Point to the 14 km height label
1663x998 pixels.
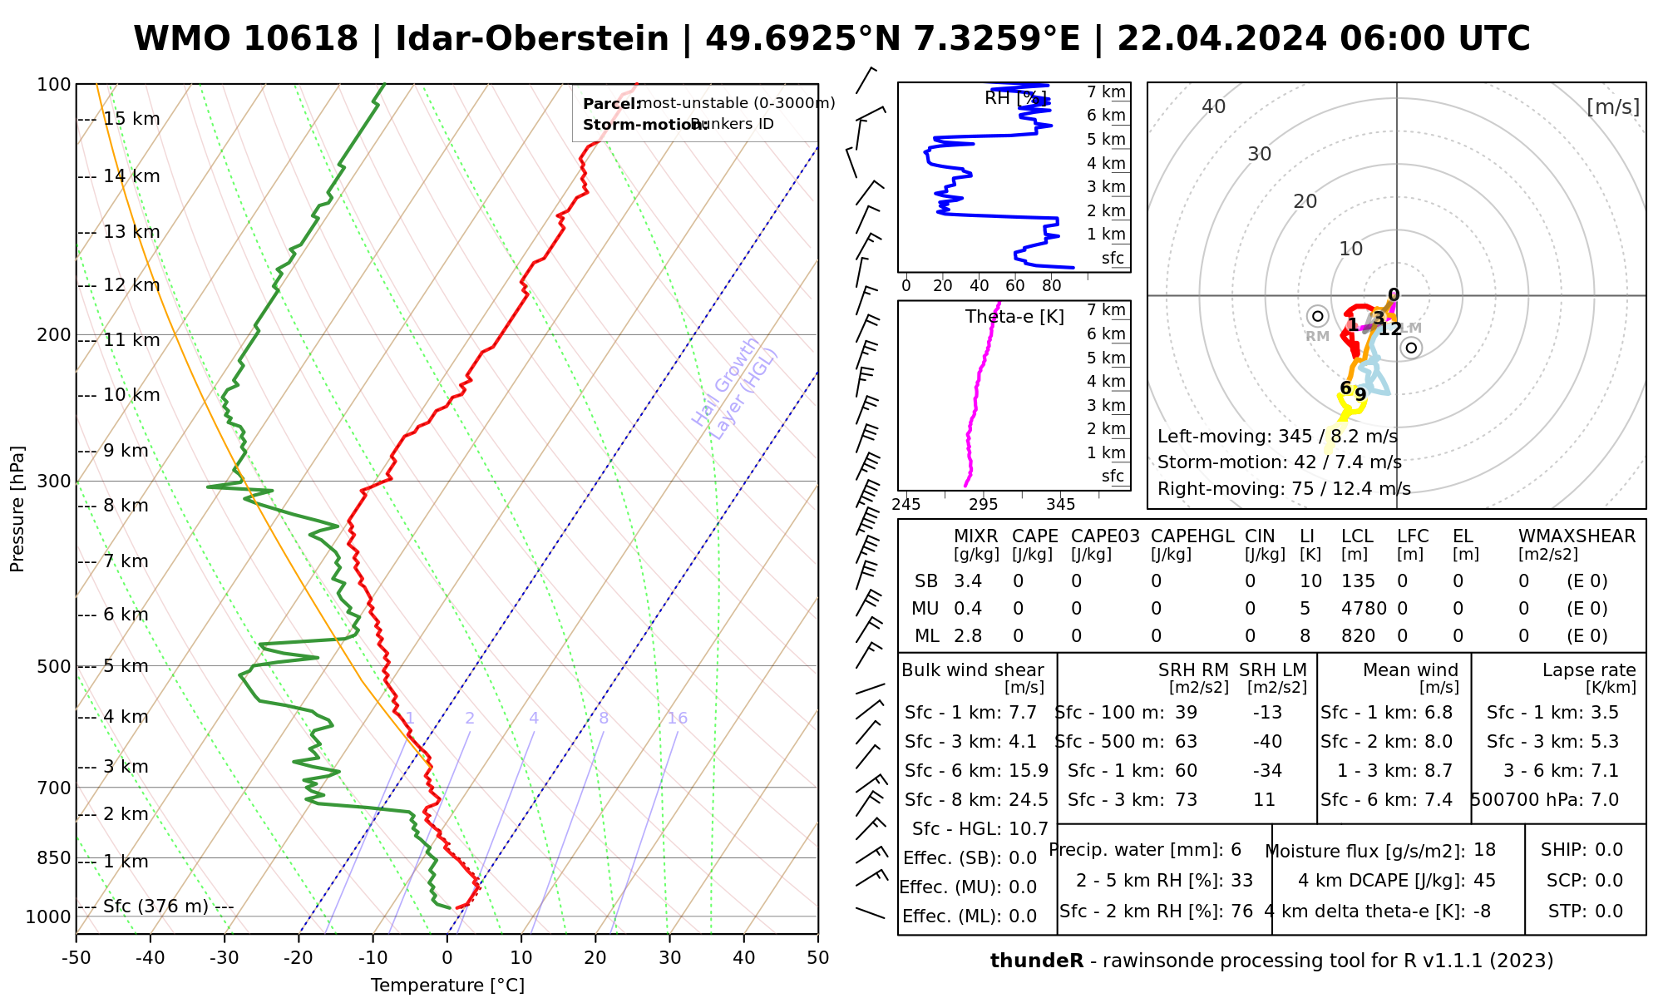(x=131, y=176)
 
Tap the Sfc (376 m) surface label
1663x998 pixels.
(x=155, y=906)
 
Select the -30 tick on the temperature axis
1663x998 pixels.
(x=225, y=958)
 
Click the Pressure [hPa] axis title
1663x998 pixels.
(x=17, y=509)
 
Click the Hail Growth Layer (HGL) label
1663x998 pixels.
(x=735, y=388)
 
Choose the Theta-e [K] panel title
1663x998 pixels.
(x=1014, y=317)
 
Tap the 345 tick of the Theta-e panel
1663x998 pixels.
(x=1060, y=505)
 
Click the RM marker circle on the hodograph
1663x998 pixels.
(x=1317, y=316)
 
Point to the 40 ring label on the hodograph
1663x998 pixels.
(x=1214, y=106)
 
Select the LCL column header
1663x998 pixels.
(x=1357, y=536)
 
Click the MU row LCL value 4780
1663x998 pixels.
(x=1364, y=609)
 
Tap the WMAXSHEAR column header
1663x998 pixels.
(x=1577, y=536)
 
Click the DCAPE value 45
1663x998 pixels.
(x=1484, y=881)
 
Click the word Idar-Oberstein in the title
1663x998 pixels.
(x=532, y=39)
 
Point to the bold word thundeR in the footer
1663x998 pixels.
(x=1036, y=961)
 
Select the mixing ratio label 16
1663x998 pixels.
(x=677, y=719)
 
